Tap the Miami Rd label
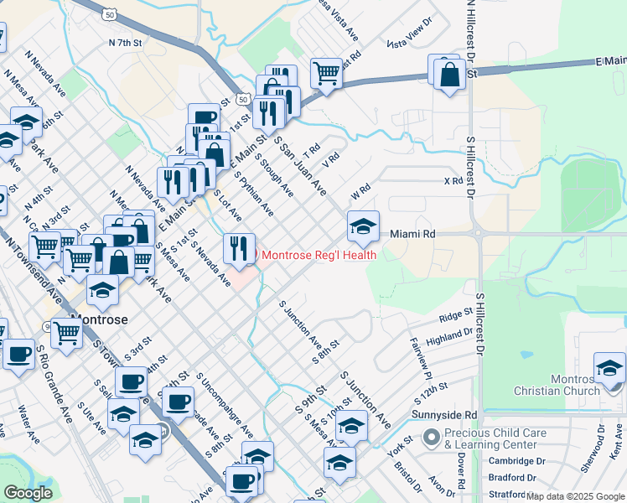coord(413,234)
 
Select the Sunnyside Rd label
coord(444,415)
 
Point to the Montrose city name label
coord(100,319)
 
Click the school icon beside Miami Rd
coord(363,225)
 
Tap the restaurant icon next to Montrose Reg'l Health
coord(239,248)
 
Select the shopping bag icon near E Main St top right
coord(450,74)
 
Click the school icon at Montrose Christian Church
coord(609,367)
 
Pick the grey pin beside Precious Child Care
coord(432,438)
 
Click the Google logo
coord(28,494)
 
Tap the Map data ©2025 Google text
coord(575,496)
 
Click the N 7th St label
coord(127,42)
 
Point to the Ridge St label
coord(457,318)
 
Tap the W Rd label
coord(360,194)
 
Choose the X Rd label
coord(453,180)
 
